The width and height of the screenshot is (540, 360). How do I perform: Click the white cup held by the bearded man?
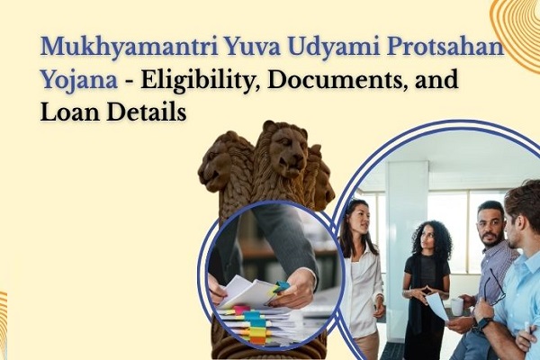click(x=457, y=306)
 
